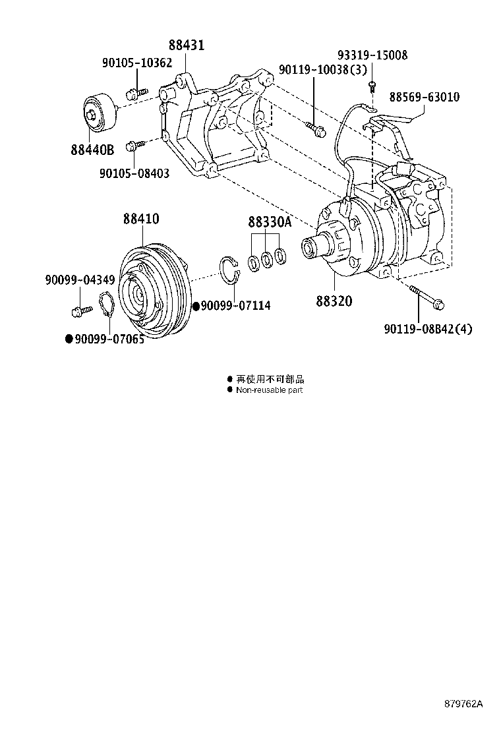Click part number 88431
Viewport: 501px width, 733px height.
tap(186, 45)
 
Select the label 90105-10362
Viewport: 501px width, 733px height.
tap(136, 63)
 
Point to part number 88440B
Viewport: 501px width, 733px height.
tap(92, 150)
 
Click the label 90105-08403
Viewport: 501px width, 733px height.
tap(134, 173)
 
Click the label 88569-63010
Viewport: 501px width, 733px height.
tap(424, 97)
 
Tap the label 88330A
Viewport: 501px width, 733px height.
tap(269, 222)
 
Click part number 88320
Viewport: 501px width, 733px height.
tap(334, 301)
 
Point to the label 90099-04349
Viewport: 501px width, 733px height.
tap(80, 280)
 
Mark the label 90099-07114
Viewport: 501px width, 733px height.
tap(235, 306)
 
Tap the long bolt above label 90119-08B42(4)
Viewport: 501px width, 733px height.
tap(426, 297)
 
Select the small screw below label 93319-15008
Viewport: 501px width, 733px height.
tap(372, 84)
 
